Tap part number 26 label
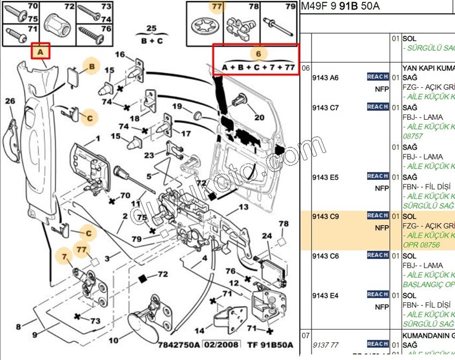point(10,101)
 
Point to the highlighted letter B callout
point(92,66)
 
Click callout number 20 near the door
point(259,117)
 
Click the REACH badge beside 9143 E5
point(377,176)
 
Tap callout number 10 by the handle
point(113,340)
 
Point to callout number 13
point(244,207)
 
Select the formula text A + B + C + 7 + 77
point(259,67)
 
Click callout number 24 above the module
point(266,236)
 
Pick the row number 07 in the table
point(306,335)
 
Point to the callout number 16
point(120,55)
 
